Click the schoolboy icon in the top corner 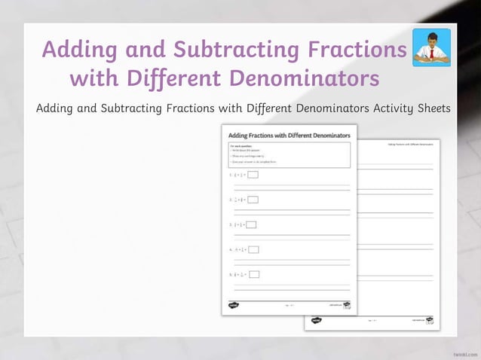[x=432, y=47]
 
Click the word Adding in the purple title [x=78, y=50]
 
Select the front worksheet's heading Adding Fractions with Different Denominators [x=289, y=135]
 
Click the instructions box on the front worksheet [x=289, y=154]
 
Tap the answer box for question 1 [x=253, y=175]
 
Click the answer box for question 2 [x=253, y=200]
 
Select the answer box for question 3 [x=252, y=224]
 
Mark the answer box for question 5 [x=254, y=274]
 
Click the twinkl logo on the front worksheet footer [x=234, y=305]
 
